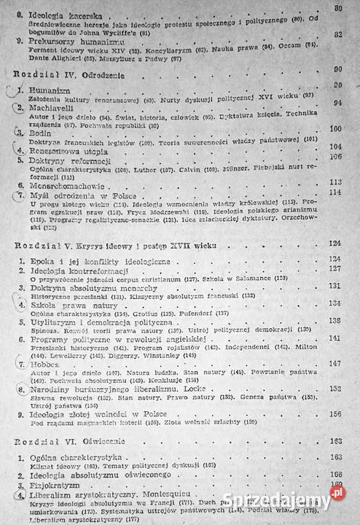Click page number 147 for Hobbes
tap(336, 363)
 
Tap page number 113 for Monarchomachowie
tap(335, 182)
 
